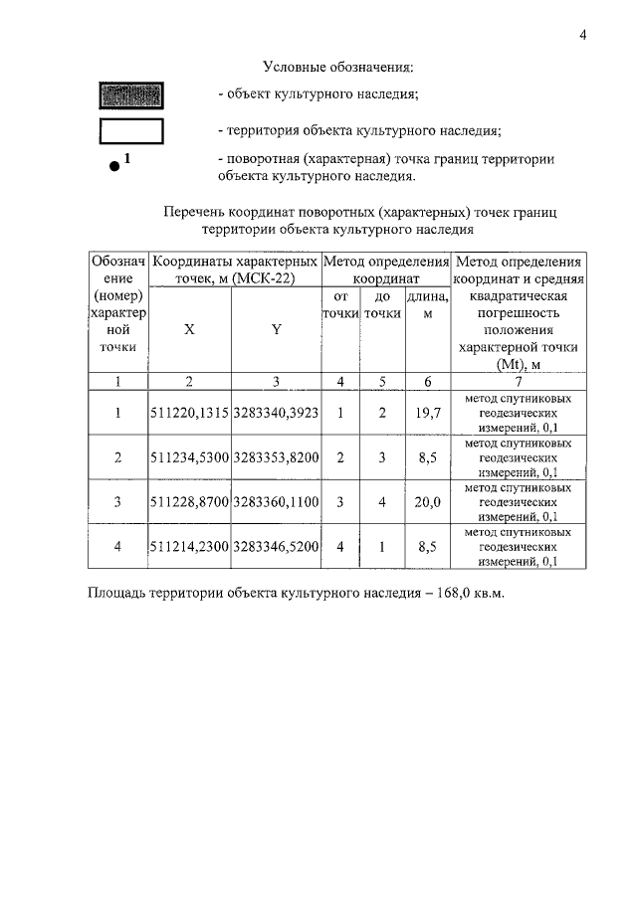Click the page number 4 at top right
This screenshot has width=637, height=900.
(583, 36)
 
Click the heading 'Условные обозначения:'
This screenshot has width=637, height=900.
(337, 68)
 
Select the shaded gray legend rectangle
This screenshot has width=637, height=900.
(130, 95)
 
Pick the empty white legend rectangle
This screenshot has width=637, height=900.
(130, 130)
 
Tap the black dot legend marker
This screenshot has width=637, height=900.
(115, 167)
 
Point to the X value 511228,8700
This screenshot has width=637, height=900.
(189, 502)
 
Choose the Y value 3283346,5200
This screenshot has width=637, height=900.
(276, 546)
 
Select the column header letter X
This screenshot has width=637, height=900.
(189, 330)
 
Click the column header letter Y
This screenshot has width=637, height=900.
(276, 330)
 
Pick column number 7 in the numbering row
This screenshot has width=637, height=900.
(518, 380)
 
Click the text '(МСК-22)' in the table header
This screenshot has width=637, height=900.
(264, 279)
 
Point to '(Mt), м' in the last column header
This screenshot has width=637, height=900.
(518, 364)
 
